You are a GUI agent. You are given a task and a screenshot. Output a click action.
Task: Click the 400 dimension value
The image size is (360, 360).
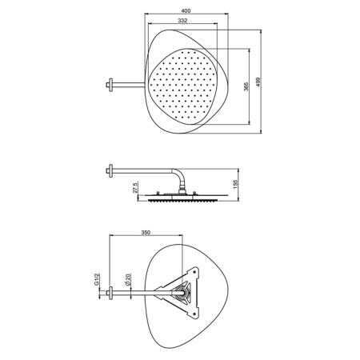(186, 11)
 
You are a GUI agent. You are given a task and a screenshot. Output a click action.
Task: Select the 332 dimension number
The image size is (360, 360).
(182, 21)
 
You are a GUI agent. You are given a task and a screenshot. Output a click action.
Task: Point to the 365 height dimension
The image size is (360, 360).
(246, 86)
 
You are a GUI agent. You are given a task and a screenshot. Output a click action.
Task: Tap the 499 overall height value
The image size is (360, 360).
(258, 82)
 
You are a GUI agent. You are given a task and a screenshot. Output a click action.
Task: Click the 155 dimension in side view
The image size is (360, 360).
(235, 184)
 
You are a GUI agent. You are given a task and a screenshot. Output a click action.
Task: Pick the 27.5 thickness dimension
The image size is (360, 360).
(135, 187)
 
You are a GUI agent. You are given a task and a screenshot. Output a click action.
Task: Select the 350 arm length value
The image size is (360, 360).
(146, 233)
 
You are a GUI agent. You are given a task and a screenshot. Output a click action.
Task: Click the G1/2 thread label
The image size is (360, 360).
(97, 279)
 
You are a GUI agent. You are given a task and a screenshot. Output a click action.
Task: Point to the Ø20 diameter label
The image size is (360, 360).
(127, 281)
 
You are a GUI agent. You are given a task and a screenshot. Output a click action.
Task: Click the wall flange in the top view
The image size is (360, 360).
(110, 85)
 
